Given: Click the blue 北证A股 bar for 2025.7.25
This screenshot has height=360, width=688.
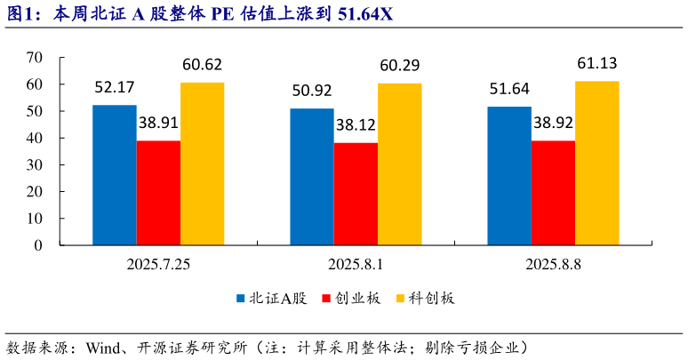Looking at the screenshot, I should [115, 175].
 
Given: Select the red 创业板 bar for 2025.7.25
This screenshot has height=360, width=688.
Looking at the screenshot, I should [158, 193].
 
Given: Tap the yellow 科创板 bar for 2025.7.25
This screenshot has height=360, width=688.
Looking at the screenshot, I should [203, 164].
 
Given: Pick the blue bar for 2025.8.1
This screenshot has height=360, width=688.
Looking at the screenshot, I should [312, 177].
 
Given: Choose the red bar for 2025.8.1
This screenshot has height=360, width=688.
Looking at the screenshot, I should [356, 194].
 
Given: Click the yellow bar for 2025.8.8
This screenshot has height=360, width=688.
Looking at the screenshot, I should [597, 163].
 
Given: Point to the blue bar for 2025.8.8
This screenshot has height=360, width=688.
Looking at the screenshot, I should [509, 176].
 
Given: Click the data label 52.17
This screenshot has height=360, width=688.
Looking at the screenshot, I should [115, 87].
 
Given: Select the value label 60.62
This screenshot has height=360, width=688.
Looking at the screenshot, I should [202, 64].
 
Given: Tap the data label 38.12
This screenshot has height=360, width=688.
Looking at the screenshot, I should [356, 125].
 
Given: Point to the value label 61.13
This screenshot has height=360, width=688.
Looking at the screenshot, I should [597, 63].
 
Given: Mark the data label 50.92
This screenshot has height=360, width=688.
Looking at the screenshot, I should [312, 91].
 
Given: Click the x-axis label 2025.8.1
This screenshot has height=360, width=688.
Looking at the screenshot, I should [356, 264].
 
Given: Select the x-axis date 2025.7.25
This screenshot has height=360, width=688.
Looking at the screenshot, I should [158, 264].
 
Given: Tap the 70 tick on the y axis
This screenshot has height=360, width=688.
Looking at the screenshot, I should [35, 58].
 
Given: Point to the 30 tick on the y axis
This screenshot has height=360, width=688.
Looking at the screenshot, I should [35, 165].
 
